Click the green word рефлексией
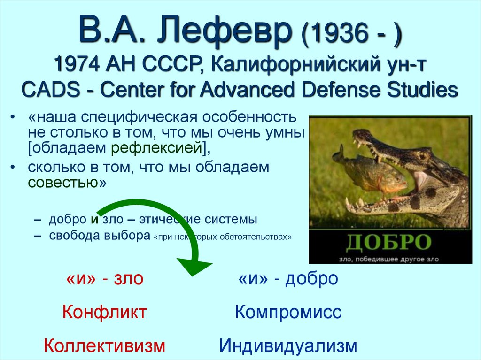click(157, 148)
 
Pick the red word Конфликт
click(104, 312)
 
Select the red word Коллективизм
click(104, 346)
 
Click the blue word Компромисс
click(288, 312)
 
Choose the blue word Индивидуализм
click(288, 346)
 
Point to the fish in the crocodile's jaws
click(371, 171)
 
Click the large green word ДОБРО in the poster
click(389, 242)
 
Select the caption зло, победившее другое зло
click(389, 258)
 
